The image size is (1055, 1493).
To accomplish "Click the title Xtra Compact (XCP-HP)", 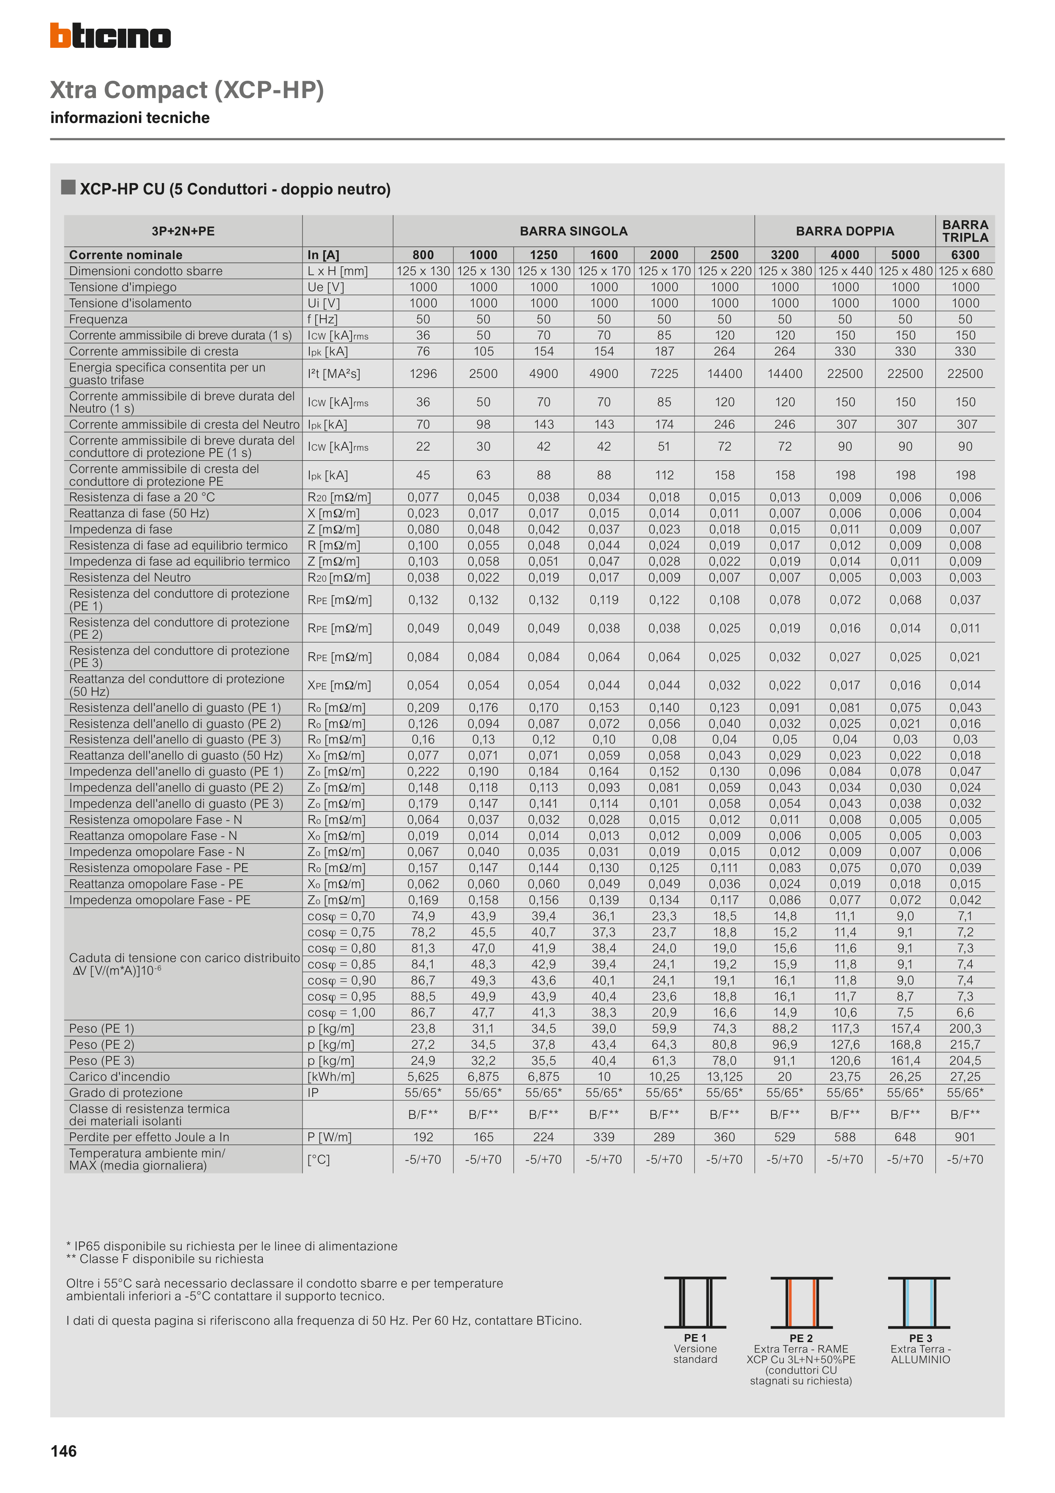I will pos(187,90).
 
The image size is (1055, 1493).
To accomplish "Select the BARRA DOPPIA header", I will pos(845,231).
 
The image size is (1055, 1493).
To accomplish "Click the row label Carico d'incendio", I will pos(119,1077).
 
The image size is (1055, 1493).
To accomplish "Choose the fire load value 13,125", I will pos(724,1077).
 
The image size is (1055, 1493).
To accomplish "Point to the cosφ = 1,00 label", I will pos(341,1012).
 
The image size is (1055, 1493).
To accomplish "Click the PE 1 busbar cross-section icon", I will pos(695,1302).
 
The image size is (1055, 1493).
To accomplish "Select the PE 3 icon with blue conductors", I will pos(919,1302).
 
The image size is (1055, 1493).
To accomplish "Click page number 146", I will pos(64,1452).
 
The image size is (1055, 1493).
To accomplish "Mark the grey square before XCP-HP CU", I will pos(68,188).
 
